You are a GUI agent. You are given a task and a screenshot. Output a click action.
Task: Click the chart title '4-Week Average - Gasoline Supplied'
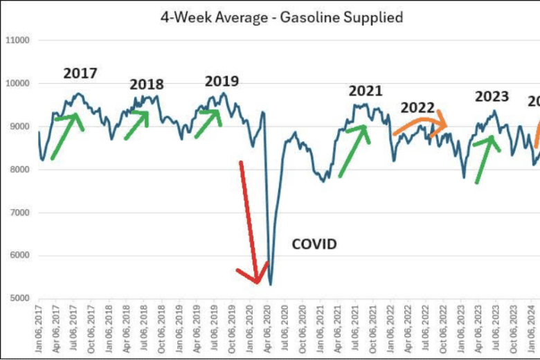coord(281,16)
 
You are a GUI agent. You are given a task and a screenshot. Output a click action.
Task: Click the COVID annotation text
coord(314,244)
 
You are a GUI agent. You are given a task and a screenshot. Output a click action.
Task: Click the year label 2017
coord(80,73)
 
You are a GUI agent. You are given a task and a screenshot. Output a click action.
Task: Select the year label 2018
coord(147,84)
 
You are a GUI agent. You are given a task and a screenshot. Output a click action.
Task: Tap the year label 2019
coord(222,81)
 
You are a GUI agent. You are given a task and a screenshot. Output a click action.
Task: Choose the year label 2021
coord(366,91)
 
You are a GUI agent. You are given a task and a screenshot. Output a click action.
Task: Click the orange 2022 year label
coord(418,107)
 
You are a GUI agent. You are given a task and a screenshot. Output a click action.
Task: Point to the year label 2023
coord(492,96)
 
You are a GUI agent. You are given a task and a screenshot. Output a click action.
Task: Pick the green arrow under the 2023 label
coord(488,158)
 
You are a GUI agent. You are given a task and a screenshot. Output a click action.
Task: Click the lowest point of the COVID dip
coord(270,284)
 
